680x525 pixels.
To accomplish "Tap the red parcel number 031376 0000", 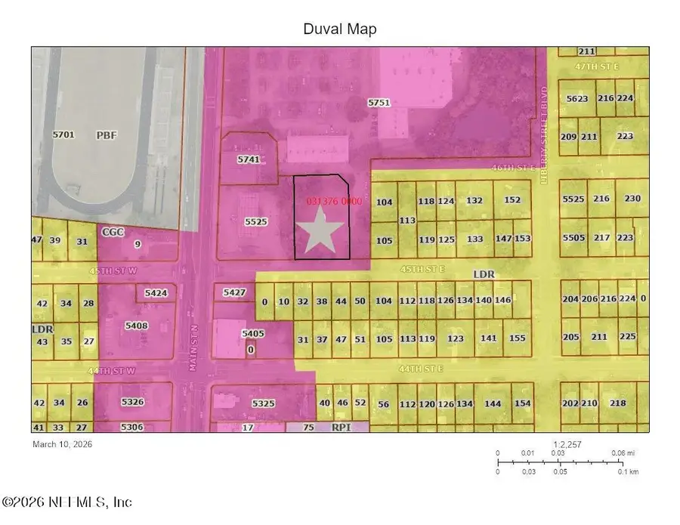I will [x=335, y=202].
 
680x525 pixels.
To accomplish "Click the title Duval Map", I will [x=340, y=29].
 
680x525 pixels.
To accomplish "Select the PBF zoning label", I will [x=107, y=136].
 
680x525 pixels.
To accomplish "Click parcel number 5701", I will [x=63, y=134].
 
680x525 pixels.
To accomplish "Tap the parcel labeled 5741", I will [x=248, y=160].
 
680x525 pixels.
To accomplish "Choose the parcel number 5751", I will [x=379, y=102].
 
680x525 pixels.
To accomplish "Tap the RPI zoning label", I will [x=342, y=428].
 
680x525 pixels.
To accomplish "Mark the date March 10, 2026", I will [x=63, y=444].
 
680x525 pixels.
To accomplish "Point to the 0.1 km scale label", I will [x=629, y=471].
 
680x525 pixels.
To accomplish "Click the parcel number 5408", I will [x=137, y=326].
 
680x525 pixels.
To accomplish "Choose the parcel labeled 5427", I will [x=234, y=292].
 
